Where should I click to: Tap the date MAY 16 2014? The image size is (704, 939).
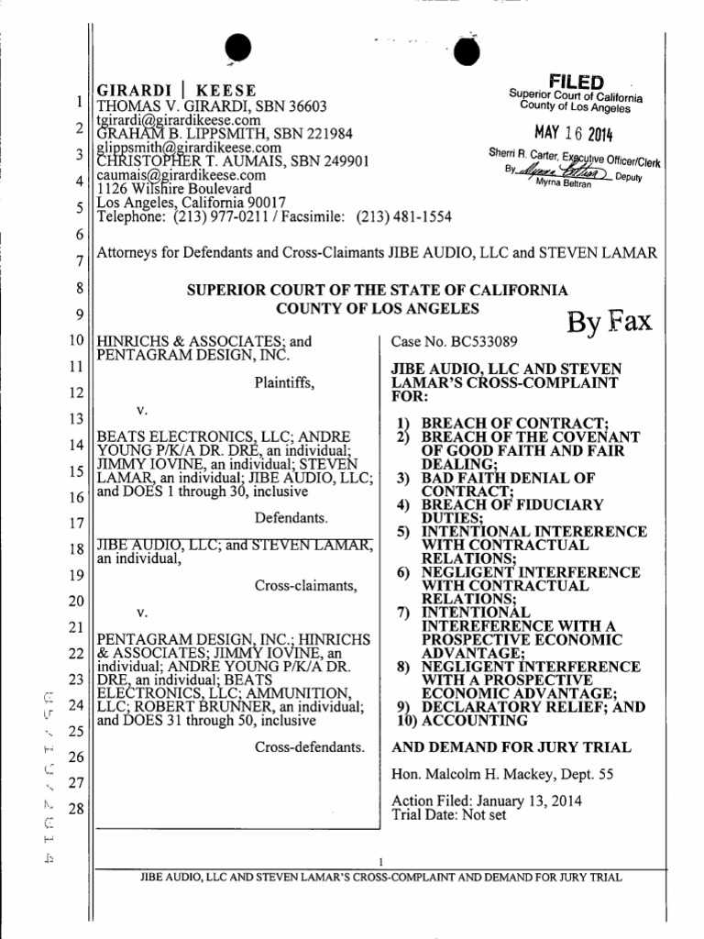click(576, 134)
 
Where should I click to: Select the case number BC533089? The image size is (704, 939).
click(454, 342)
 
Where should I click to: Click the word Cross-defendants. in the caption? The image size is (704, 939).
click(309, 748)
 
